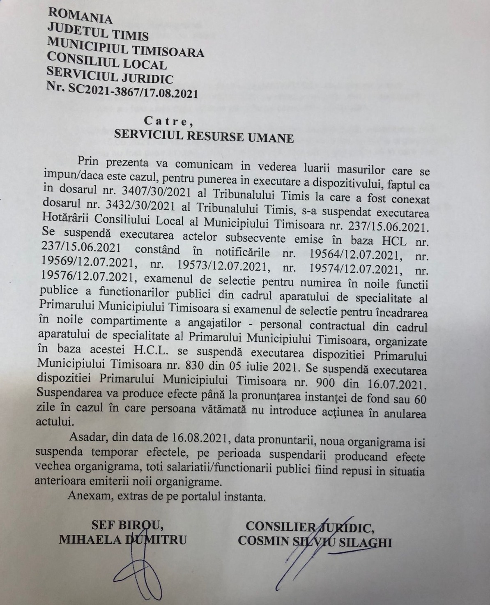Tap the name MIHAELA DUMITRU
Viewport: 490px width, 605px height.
tap(123, 540)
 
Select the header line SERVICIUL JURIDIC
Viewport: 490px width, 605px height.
tap(110, 78)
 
